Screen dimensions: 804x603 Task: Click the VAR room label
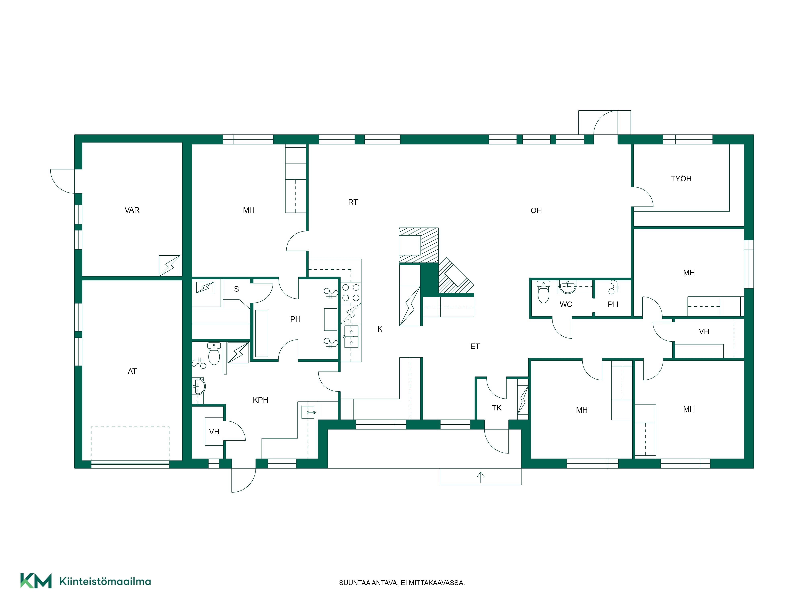pyautogui.click(x=132, y=210)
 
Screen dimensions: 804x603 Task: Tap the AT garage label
pyautogui.click(x=132, y=371)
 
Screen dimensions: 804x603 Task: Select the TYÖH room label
pyautogui.click(x=681, y=178)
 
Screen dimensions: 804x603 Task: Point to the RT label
pyautogui.click(x=353, y=202)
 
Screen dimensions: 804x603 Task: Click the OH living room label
pyautogui.click(x=536, y=210)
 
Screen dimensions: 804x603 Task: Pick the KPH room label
pyautogui.click(x=260, y=400)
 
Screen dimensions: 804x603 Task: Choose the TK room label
pyautogui.click(x=496, y=408)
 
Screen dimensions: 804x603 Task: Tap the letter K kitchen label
pyautogui.click(x=380, y=329)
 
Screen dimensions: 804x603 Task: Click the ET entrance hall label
pyautogui.click(x=475, y=346)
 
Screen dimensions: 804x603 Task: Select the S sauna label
pyautogui.click(x=236, y=289)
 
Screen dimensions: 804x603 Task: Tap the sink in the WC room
pyautogui.click(x=567, y=287)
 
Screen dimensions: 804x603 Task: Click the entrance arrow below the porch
pyautogui.click(x=481, y=477)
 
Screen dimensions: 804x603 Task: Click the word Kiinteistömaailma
pyautogui.click(x=105, y=581)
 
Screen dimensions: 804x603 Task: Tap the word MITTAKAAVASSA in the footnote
pyautogui.click(x=437, y=583)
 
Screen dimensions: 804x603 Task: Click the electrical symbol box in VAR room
pyautogui.click(x=169, y=266)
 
